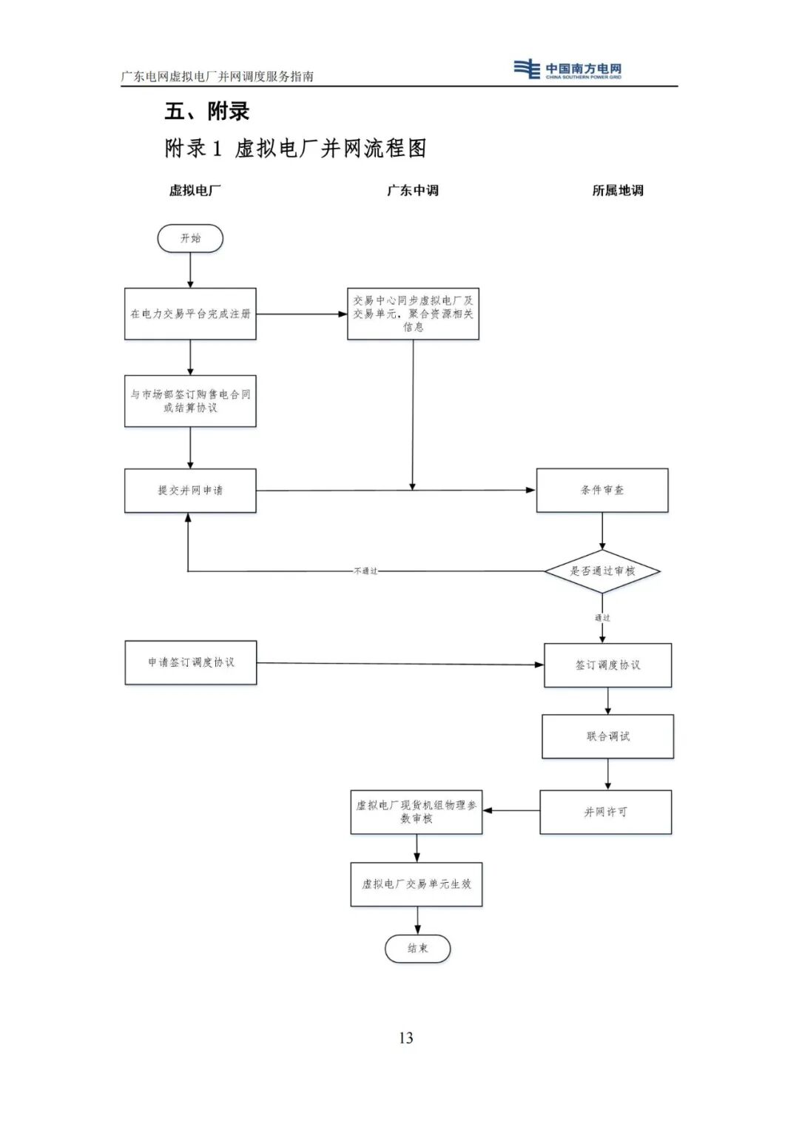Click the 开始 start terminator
coord(190,238)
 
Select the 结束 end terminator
coord(417,948)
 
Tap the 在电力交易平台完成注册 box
coord(190,314)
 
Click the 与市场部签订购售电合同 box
coord(190,401)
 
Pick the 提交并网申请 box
coord(190,490)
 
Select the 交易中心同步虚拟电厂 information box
coord(413,314)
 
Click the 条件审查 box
coord(602,490)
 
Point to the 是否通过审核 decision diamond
coord(602,571)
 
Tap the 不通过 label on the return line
coord(365,571)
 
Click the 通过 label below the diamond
coord(602,617)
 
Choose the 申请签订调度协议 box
coord(191,662)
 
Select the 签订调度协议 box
coord(608,665)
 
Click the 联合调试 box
coord(608,736)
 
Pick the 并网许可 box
coord(606,812)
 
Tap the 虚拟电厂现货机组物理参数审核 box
coord(417,812)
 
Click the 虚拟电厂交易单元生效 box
coord(417,884)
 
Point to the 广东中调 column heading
coord(413,190)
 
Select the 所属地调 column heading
coord(618,190)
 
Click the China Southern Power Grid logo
coord(568,70)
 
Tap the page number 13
coord(405,1037)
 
